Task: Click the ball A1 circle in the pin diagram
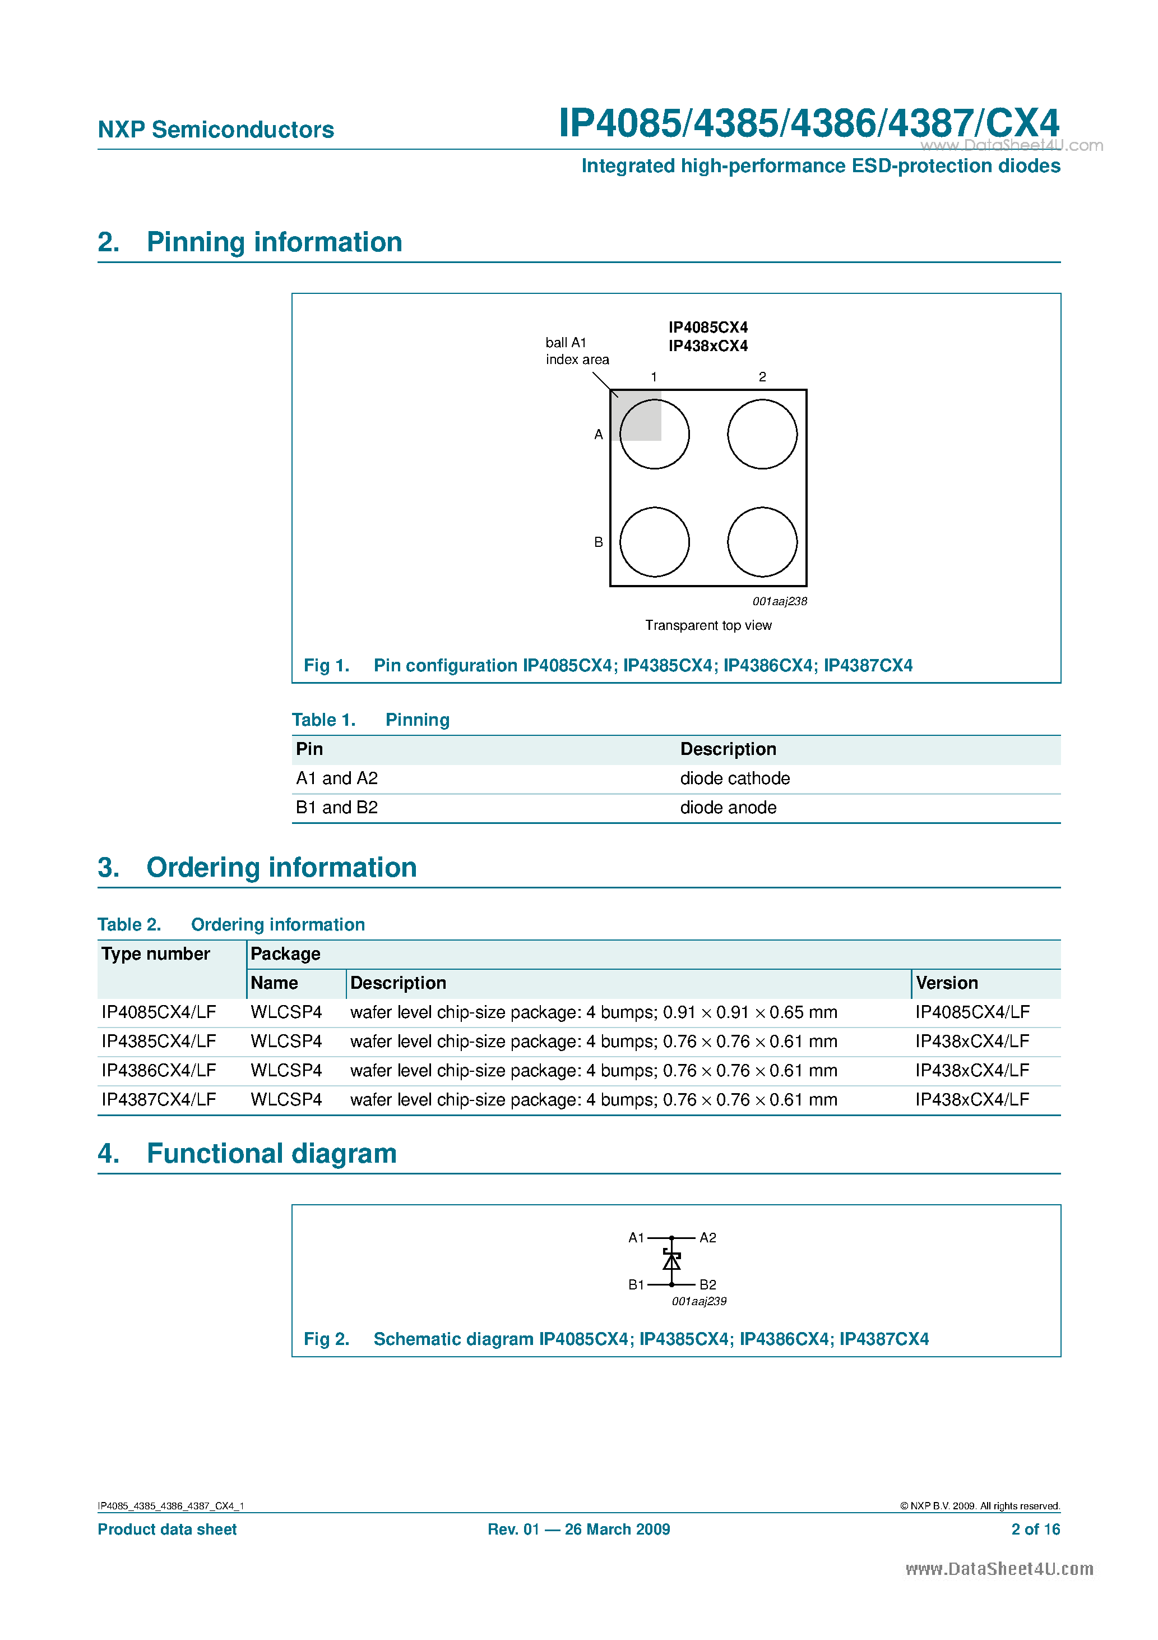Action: tap(654, 434)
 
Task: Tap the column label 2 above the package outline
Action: tap(762, 376)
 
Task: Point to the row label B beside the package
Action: tap(598, 542)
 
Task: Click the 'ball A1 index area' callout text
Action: tap(576, 351)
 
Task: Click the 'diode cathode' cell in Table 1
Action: tap(735, 778)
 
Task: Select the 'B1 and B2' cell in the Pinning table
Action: tap(336, 807)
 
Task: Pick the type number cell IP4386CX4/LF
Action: tap(159, 1070)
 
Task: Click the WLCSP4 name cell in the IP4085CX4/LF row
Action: tap(285, 1012)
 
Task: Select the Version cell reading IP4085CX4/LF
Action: tap(972, 1012)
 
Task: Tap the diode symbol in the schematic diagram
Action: tap(671, 1260)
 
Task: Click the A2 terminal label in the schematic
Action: tap(707, 1238)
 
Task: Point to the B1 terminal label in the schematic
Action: tap(636, 1284)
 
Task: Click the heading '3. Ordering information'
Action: tap(281, 867)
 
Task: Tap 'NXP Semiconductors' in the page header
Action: tap(216, 130)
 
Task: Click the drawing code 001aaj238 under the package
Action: tap(779, 601)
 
